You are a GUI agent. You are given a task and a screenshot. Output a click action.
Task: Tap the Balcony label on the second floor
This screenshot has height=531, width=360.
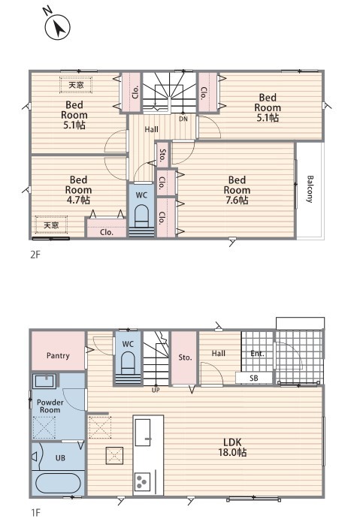[310, 189]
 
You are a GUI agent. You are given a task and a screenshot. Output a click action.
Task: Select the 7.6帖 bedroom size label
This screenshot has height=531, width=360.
[237, 200]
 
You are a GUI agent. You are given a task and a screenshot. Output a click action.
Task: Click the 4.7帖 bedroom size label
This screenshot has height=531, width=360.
[78, 200]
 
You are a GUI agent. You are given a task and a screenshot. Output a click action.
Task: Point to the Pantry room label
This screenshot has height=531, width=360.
[58, 355]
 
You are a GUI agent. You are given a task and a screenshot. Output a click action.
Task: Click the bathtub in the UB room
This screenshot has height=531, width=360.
[58, 483]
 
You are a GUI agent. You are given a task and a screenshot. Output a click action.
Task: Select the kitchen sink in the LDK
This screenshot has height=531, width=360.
[143, 433]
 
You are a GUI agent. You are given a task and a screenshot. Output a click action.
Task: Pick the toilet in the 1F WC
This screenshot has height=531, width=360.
[128, 363]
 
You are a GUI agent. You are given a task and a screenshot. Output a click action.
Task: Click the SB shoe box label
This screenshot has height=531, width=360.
[254, 379]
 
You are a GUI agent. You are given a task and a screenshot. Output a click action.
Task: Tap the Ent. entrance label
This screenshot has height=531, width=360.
[257, 354]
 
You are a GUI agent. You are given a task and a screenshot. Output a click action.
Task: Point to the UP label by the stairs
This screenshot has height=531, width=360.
[156, 390]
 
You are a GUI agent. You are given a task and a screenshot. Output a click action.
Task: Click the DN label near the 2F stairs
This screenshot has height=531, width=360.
[183, 119]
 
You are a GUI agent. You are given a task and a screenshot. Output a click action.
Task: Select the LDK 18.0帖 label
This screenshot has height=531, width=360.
[232, 447]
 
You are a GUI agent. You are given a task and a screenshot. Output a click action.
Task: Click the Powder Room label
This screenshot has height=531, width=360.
[50, 406]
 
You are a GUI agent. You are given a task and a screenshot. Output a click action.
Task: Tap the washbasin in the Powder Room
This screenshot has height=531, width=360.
[45, 381]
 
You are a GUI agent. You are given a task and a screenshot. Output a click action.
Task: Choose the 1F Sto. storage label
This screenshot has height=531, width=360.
[185, 358]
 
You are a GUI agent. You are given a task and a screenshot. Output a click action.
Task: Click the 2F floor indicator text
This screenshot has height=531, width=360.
[35, 255]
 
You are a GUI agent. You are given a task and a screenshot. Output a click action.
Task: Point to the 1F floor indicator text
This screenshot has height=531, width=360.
[35, 513]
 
